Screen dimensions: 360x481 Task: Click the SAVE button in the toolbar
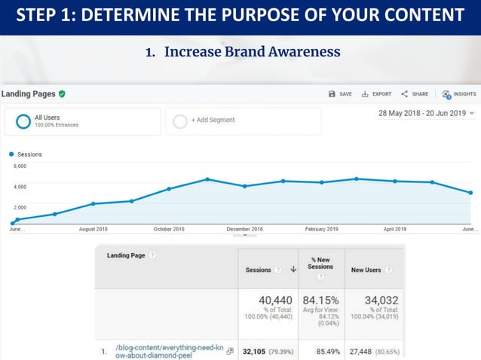tap(340, 94)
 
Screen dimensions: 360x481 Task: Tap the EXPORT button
tap(376, 94)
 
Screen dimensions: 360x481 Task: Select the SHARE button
tap(415, 94)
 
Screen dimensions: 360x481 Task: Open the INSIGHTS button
tap(458, 94)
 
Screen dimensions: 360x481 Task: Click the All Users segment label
tap(47, 117)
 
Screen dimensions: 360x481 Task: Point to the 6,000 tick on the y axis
tap(20, 166)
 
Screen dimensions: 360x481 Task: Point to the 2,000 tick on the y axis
tap(20, 207)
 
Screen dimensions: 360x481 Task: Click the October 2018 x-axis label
tap(169, 229)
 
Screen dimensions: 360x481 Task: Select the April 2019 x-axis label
tap(394, 229)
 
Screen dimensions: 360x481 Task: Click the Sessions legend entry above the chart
tap(29, 154)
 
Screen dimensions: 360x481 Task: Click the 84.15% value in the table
tap(320, 301)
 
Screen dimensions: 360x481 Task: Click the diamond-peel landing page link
tap(158, 351)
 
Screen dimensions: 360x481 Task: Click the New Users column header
tap(366, 270)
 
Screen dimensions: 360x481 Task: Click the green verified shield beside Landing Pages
tap(62, 94)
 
